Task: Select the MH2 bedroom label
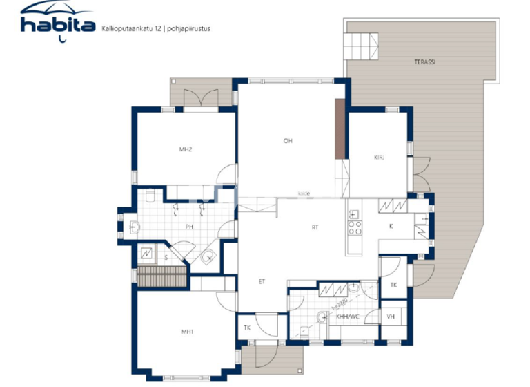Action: (185, 149)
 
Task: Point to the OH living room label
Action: (288, 141)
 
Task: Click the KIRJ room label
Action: (379, 158)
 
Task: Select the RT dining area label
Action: (315, 226)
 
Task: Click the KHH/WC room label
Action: (349, 317)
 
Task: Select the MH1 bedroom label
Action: (186, 332)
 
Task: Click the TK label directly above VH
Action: (393, 285)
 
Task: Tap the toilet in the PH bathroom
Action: (150, 196)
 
